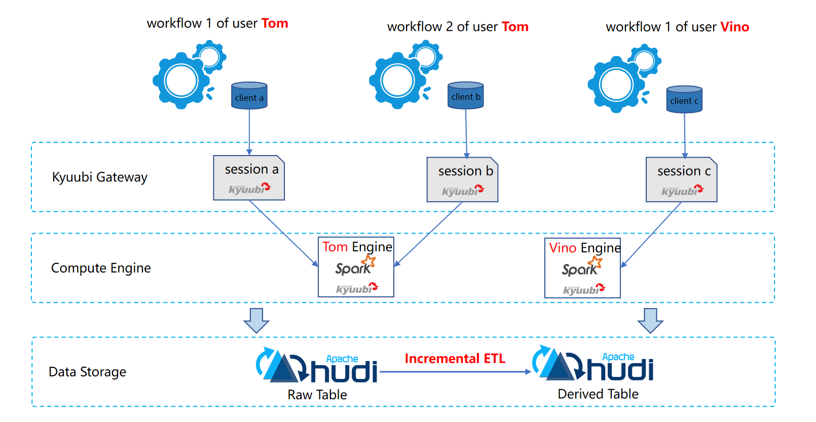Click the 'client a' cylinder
[x=249, y=95]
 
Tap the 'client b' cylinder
[x=466, y=95]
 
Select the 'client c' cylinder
[x=684, y=99]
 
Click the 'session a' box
[x=249, y=178]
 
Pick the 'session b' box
[x=462, y=179]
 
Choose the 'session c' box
[x=681, y=179]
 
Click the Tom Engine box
[x=356, y=267]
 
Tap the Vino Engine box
[x=582, y=268]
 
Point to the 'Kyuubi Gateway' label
[x=99, y=177]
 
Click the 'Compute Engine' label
[x=101, y=268]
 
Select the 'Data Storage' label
[x=87, y=372]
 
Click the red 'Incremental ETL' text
[x=455, y=359]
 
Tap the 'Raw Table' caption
[x=317, y=395]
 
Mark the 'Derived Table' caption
[x=598, y=394]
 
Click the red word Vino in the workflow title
[x=734, y=26]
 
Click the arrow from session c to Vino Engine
[x=651, y=235]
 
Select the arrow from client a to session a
[x=249, y=132]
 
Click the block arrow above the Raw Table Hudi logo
[x=256, y=321]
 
